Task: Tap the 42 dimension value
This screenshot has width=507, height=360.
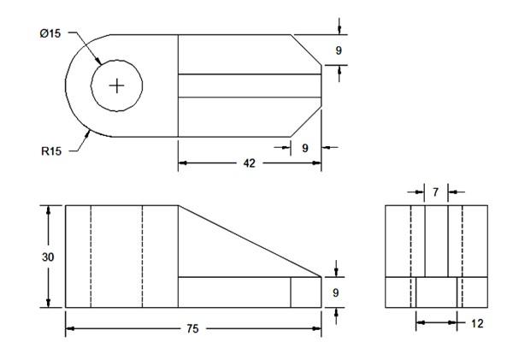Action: click(250, 162)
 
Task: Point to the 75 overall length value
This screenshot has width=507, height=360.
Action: click(194, 328)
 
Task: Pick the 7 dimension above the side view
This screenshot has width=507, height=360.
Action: click(436, 192)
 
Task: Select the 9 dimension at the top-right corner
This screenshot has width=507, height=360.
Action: click(339, 50)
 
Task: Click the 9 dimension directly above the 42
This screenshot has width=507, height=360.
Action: click(305, 148)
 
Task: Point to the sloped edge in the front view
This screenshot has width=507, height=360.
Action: click(250, 241)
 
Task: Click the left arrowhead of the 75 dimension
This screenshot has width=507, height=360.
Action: click(70, 328)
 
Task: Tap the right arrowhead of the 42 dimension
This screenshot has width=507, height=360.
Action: click(317, 162)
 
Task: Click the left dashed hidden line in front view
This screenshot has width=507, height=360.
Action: click(91, 256)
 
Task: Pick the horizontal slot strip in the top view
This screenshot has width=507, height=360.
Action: click(249, 86)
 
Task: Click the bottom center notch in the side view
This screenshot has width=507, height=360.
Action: click(436, 292)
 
